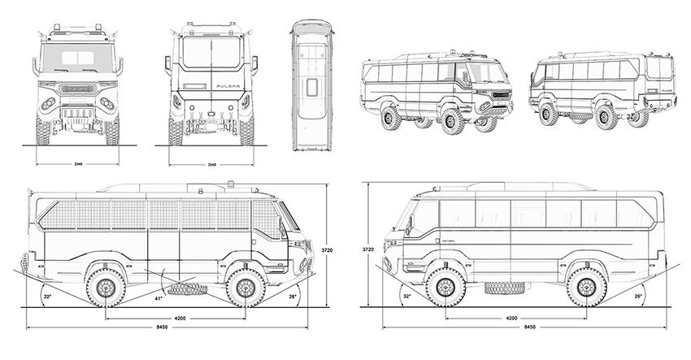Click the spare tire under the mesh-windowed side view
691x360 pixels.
[x=181, y=287]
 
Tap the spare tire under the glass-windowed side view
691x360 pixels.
[x=496, y=287]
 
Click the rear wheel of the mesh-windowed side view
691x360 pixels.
[x=108, y=290]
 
